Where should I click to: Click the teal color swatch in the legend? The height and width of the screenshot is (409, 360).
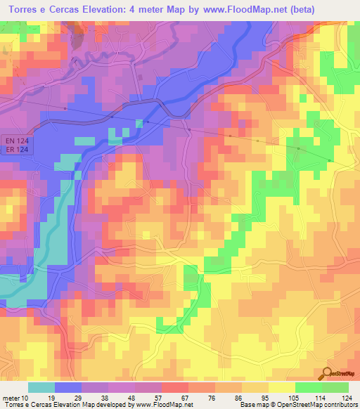coord(41,387)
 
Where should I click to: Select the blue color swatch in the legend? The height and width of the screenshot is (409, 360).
coord(68,387)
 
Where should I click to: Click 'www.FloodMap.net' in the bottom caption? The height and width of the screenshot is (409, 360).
coord(164,405)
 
